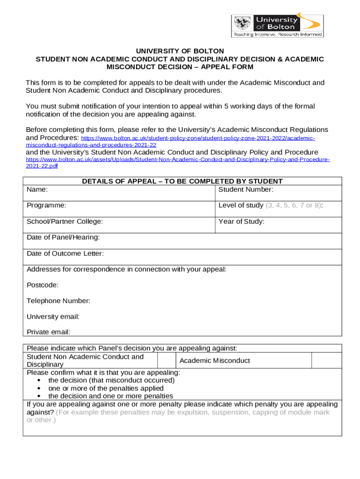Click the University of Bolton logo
pos(277,25)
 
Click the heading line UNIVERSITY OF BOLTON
pos(180,51)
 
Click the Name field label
pos(37,189)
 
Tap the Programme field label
pos(46,205)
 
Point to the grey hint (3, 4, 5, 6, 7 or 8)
pos(293,205)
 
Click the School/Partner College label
pos(65,221)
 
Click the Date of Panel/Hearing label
pos(63,237)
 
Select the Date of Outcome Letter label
pos(65,254)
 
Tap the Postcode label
pos(43,285)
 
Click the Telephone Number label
pos(58,301)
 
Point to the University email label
pos(53,317)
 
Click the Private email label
pos(48,332)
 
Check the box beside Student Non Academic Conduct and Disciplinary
pos(166,360)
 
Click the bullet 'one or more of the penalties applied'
pos(106,388)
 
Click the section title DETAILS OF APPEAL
pos(182,181)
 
